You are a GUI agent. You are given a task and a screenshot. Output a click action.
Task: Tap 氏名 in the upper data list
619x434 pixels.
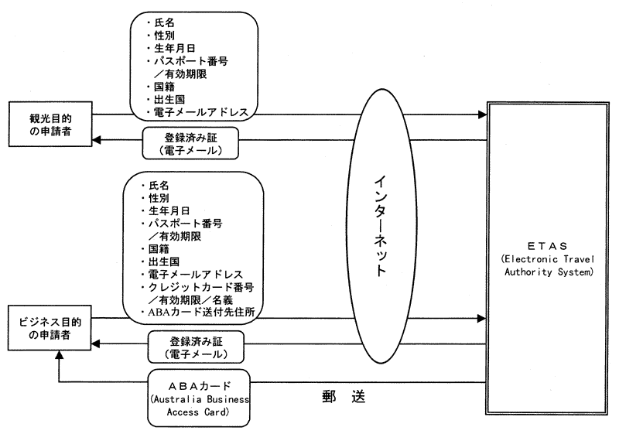point(165,23)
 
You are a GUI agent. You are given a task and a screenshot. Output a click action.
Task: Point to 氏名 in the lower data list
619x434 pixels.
point(161,186)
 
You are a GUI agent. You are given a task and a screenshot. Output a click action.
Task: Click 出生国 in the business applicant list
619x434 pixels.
point(164,262)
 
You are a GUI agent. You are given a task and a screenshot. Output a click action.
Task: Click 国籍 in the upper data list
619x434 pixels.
point(165,87)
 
